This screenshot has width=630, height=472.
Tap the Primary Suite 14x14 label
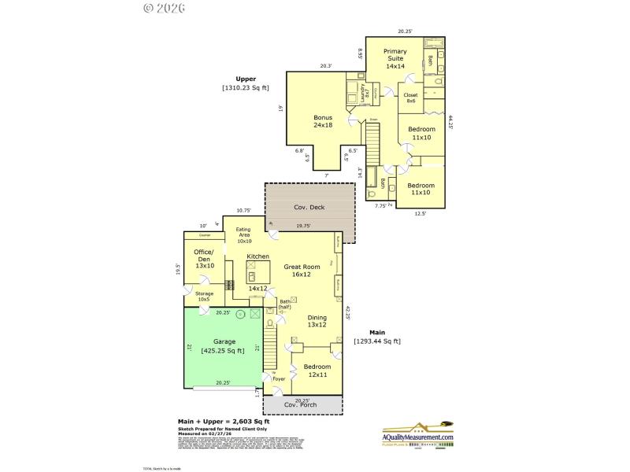tap(395, 59)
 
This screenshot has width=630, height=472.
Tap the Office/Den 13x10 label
tap(205, 259)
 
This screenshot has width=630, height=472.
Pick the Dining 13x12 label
tap(317, 320)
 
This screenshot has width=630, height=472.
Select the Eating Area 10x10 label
tap(244, 235)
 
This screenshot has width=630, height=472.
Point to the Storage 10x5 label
tap(204, 297)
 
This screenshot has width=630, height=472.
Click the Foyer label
tap(279, 379)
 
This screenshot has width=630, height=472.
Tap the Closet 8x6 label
tap(410, 98)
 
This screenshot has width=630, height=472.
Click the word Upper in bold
tap(247, 79)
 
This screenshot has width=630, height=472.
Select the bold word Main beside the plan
tap(389, 332)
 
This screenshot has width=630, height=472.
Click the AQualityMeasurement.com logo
tap(417, 434)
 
